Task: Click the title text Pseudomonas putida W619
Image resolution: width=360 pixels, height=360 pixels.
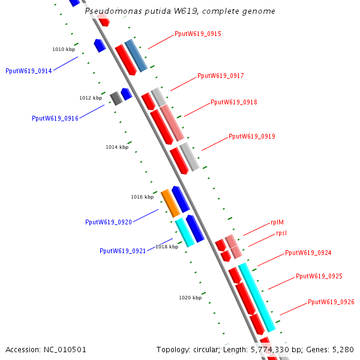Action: click(x=180, y=11)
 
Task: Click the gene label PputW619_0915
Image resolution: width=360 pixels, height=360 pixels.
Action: click(x=197, y=34)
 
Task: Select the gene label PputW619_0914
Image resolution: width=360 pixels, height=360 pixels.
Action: click(x=28, y=71)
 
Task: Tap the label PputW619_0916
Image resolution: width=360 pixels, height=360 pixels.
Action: click(x=55, y=118)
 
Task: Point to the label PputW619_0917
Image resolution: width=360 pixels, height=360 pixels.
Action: click(x=220, y=76)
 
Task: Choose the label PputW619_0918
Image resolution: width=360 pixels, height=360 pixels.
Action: click(x=233, y=102)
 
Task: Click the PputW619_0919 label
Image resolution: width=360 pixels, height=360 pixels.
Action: click(x=251, y=136)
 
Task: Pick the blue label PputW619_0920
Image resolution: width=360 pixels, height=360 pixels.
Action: click(x=108, y=222)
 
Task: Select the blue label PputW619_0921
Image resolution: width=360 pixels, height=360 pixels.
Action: click(x=122, y=251)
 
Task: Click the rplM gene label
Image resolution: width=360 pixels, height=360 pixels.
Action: click(x=277, y=222)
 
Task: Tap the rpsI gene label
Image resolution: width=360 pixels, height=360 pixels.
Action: click(x=281, y=233)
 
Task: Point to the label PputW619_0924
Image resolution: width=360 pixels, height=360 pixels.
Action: click(x=308, y=253)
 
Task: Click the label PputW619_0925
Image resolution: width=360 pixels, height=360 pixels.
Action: click(x=319, y=277)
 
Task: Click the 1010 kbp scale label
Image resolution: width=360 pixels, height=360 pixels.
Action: click(x=64, y=49)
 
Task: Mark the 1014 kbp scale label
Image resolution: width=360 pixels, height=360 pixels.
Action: click(x=117, y=147)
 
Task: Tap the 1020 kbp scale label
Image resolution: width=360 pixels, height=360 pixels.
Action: click(x=190, y=298)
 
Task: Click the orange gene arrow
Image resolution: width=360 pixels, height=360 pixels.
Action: click(x=170, y=203)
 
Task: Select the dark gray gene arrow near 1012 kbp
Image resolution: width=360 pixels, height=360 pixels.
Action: click(x=116, y=98)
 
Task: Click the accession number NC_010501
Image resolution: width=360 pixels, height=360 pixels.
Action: click(x=46, y=349)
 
